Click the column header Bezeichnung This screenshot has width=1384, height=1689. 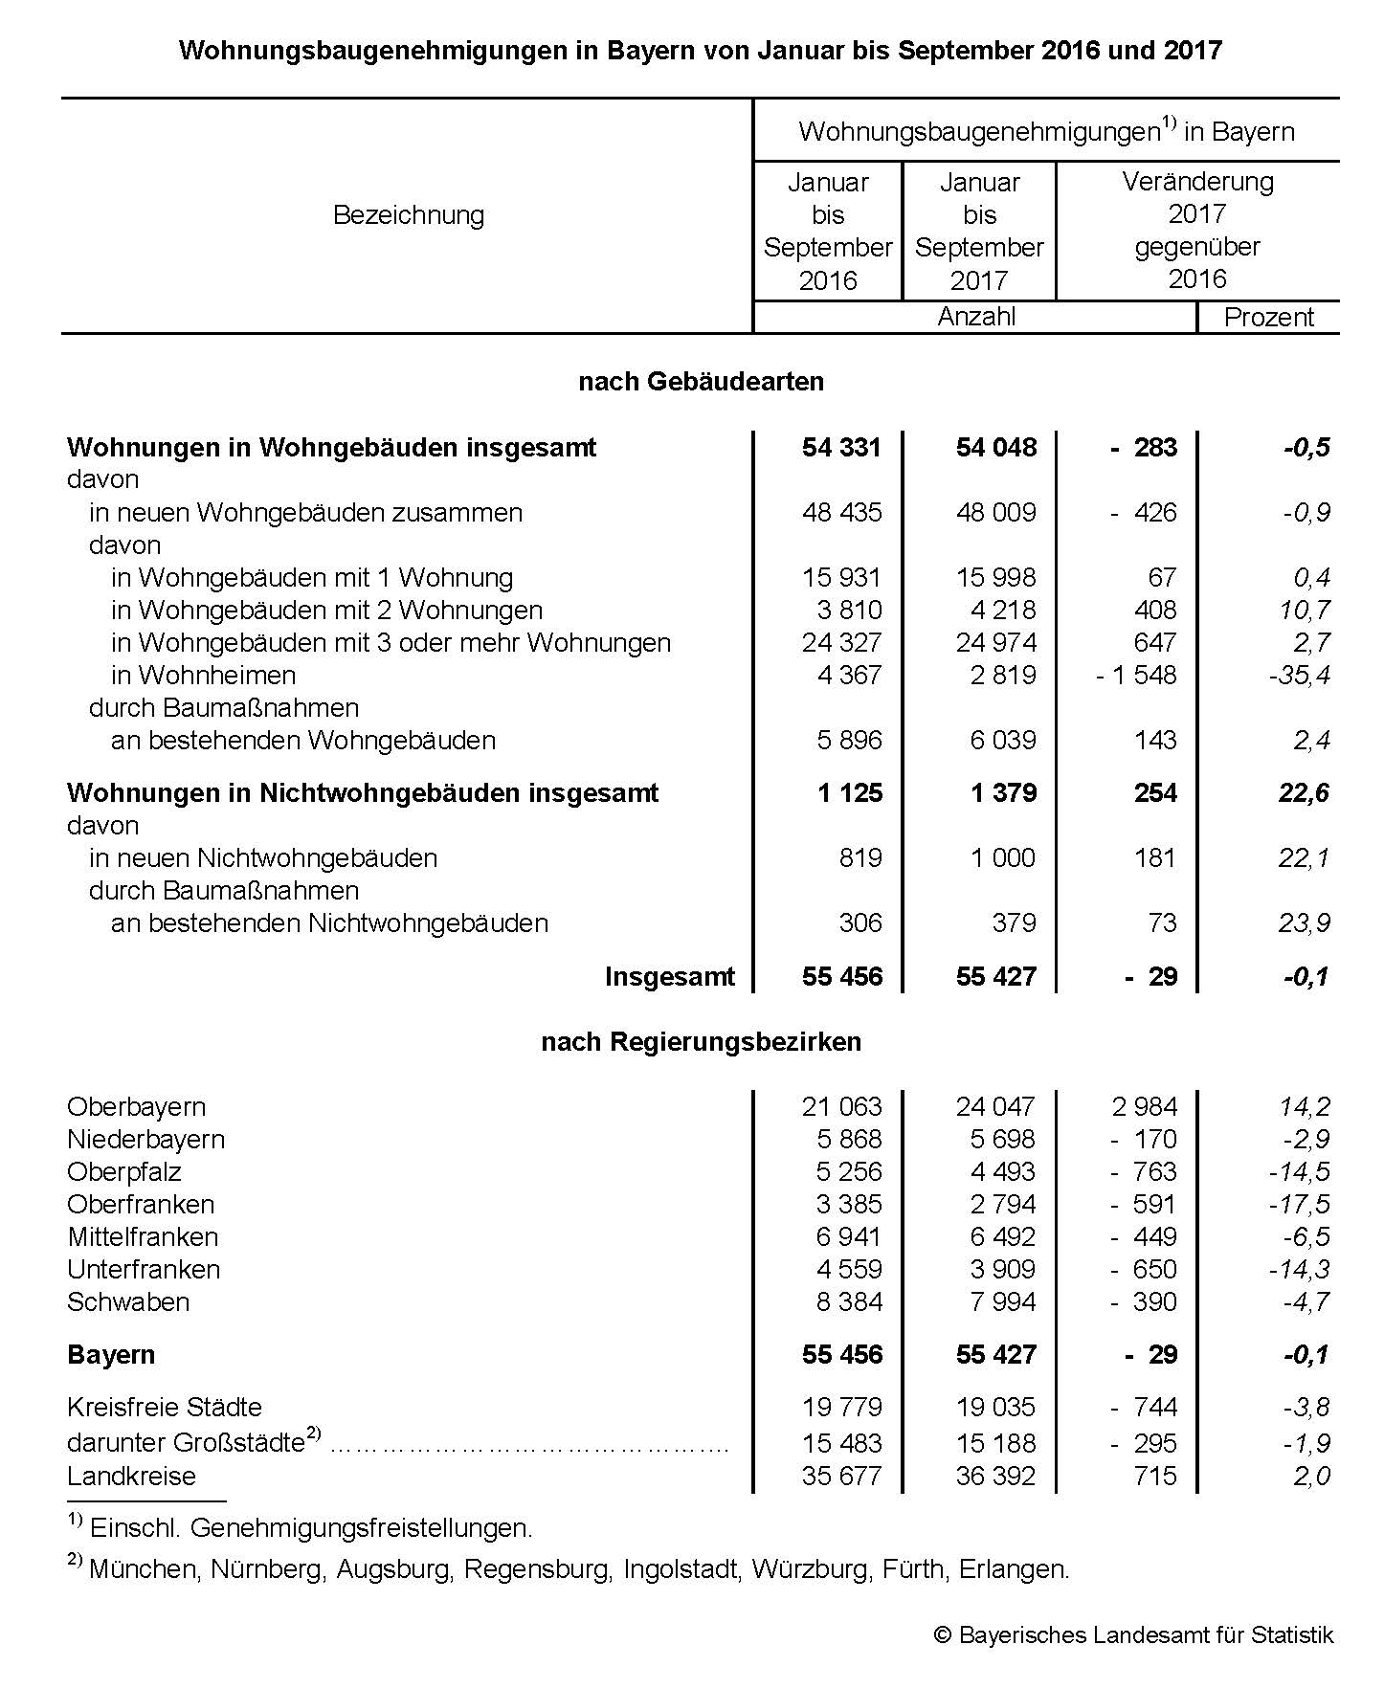pos(409,215)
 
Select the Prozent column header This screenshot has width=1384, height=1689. pos(1269,318)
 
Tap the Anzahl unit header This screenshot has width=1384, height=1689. pos(976,317)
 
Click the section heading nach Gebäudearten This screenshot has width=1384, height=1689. pos(701,382)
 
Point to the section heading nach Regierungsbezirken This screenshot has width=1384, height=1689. pos(701,1042)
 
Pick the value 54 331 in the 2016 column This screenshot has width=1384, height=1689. pos(841,448)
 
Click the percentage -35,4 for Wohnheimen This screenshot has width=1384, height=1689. pos(1299,676)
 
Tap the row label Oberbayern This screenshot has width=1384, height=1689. pos(136,1107)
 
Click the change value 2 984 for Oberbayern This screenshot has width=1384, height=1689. pos(1145,1107)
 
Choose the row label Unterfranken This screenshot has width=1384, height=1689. pos(144,1270)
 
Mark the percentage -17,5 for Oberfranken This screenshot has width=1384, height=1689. pos(1299,1205)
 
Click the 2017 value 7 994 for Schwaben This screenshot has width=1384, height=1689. pos(1002,1302)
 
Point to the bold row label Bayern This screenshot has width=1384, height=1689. pos(111,1355)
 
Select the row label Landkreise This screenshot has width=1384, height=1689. pos(131,1477)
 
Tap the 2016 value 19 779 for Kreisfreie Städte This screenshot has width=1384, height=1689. pos(841,1408)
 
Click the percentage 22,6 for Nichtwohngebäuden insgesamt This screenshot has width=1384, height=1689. pos(1304,793)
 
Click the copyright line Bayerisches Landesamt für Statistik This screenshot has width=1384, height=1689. pos(1134,1635)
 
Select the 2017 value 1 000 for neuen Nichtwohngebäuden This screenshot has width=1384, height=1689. pos(1002,858)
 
